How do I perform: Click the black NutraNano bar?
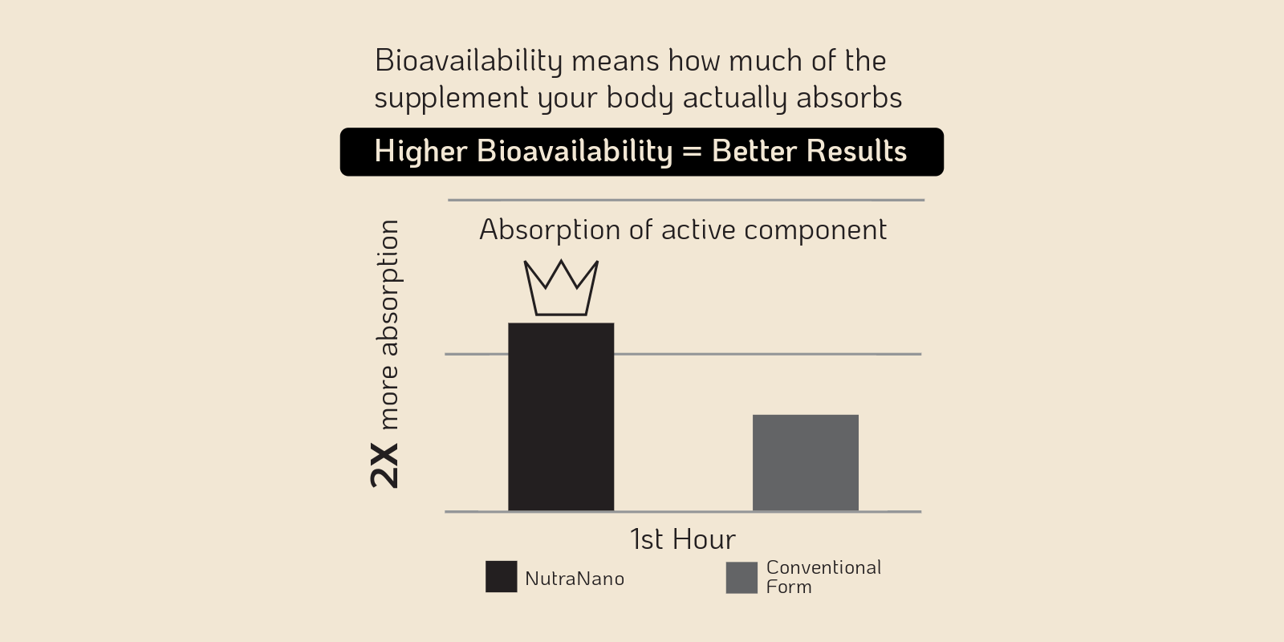coord(561,416)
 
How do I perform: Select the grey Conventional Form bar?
coord(806,462)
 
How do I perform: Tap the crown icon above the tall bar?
coord(561,288)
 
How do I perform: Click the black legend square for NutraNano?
coord(501,577)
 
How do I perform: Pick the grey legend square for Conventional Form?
coord(742,578)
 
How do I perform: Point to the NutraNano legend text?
coord(575,579)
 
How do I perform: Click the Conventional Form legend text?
coord(823,577)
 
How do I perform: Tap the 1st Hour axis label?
coord(683,539)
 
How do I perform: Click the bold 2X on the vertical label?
coord(384,465)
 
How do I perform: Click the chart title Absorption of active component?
coord(683,230)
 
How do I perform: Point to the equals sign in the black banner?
coord(693,152)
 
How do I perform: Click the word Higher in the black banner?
coord(421,152)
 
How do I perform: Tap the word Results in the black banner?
coord(856,152)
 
